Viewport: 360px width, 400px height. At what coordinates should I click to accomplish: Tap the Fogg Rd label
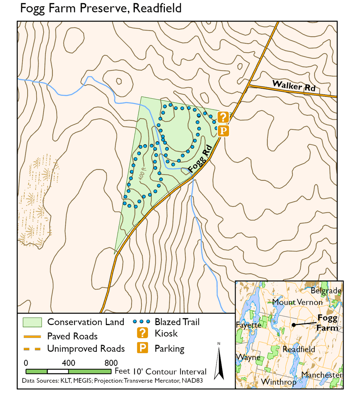(x=199, y=159)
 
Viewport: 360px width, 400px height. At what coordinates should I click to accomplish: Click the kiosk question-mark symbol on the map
(x=223, y=117)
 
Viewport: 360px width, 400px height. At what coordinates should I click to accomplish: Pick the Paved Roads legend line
(x=32, y=336)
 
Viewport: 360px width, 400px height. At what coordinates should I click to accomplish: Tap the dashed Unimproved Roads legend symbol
(x=32, y=349)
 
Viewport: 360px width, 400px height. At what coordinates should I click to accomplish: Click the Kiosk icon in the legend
(x=143, y=333)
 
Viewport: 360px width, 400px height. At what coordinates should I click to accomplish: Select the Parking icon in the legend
(x=143, y=348)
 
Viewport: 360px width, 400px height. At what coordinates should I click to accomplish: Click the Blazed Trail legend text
(x=177, y=322)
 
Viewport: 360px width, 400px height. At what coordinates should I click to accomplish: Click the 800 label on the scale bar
(x=111, y=362)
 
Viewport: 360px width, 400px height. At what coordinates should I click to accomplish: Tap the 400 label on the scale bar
(x=68, y=362)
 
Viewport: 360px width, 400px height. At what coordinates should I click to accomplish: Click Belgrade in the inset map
(x=325, y=291)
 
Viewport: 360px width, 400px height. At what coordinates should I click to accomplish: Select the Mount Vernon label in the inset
(x=297, y=302)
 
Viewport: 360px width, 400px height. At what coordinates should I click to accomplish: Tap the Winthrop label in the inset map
(x=279, y=382)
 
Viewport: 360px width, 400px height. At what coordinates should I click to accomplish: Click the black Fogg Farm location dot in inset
(x=294, y=325)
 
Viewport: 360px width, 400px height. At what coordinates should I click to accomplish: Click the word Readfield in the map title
(x=157, y=8)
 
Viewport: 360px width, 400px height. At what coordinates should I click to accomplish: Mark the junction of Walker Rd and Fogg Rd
(x=248, y=85)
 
